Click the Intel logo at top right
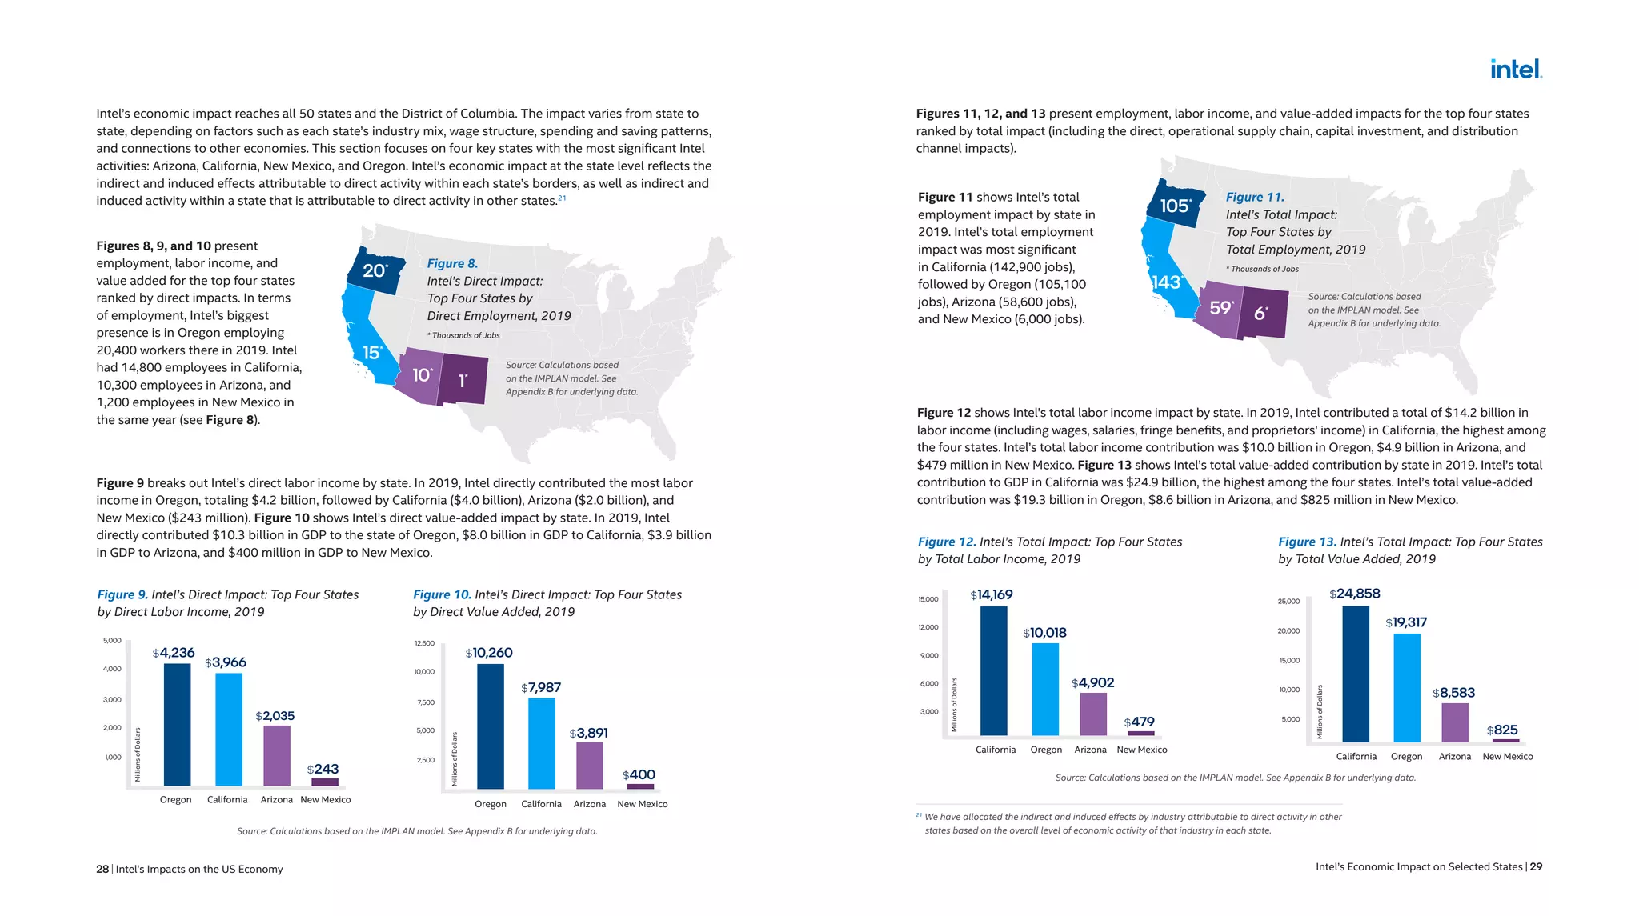(1516, 70)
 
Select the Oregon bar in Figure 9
(177, 724)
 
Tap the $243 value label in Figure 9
(323, 769)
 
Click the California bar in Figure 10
(542, 743)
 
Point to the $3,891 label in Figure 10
(589, 733)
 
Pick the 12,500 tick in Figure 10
(424, 643)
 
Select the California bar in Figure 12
(994, 670)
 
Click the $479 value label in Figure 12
(1139, 722)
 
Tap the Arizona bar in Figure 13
(1455, 722)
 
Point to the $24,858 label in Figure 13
(1355, 594)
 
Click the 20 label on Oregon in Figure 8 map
(374, 270)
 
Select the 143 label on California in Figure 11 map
(1166, 282)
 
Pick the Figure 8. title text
(452, 263)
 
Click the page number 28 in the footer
(102, 869)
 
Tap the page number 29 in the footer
(1536, 866)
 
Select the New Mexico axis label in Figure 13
(1508, 756)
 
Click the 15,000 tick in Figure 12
(928, 599)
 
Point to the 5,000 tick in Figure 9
(112, 640)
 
